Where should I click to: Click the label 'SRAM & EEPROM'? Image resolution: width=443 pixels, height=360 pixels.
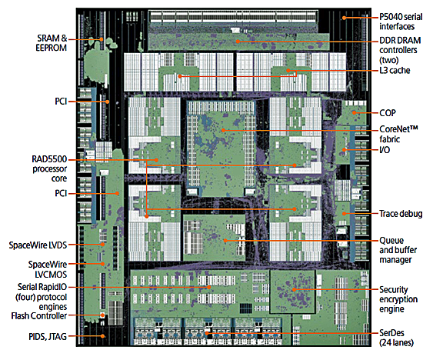(x=51, y=43)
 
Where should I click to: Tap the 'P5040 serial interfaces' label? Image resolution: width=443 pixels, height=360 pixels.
(x=401, y=22)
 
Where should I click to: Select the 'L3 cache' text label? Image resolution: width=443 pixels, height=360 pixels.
(x=395, y=70)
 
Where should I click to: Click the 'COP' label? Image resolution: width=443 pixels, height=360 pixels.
(x=388, y=113)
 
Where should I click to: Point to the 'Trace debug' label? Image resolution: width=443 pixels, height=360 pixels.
(x=401, y=214)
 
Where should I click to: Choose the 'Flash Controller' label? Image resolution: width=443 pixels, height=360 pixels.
(x=39, y=315)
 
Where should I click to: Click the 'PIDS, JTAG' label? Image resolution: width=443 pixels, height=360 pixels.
(x=48, y=337)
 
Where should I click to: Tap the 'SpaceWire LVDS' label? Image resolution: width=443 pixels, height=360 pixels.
(x=38, y=245)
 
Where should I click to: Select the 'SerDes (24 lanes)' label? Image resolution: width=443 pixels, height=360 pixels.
(x=396, y=338)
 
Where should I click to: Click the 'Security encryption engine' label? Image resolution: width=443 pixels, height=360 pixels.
(x=398, y=299)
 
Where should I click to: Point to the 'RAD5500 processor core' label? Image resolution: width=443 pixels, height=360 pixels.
(x=49, y=168)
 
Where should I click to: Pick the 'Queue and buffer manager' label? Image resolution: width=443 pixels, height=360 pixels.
(x=398, y=250)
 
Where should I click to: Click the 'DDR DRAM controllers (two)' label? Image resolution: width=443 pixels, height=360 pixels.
(x=400, y=50)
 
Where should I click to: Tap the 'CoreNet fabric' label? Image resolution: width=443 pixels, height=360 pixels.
(x=398, y=134)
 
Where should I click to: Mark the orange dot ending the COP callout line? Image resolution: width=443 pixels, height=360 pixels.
(x=354, y=113)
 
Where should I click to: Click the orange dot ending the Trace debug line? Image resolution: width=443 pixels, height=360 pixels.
(x=344, y=214)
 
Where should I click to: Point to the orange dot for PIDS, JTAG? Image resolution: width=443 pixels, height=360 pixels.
(x=103, y=336)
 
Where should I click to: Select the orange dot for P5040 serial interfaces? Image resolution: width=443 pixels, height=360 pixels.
(x=344, y=18)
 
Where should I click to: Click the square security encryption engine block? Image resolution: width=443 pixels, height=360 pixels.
(x=293, y=292)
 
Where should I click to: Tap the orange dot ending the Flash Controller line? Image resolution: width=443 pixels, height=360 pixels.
(x=103, y=315)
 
